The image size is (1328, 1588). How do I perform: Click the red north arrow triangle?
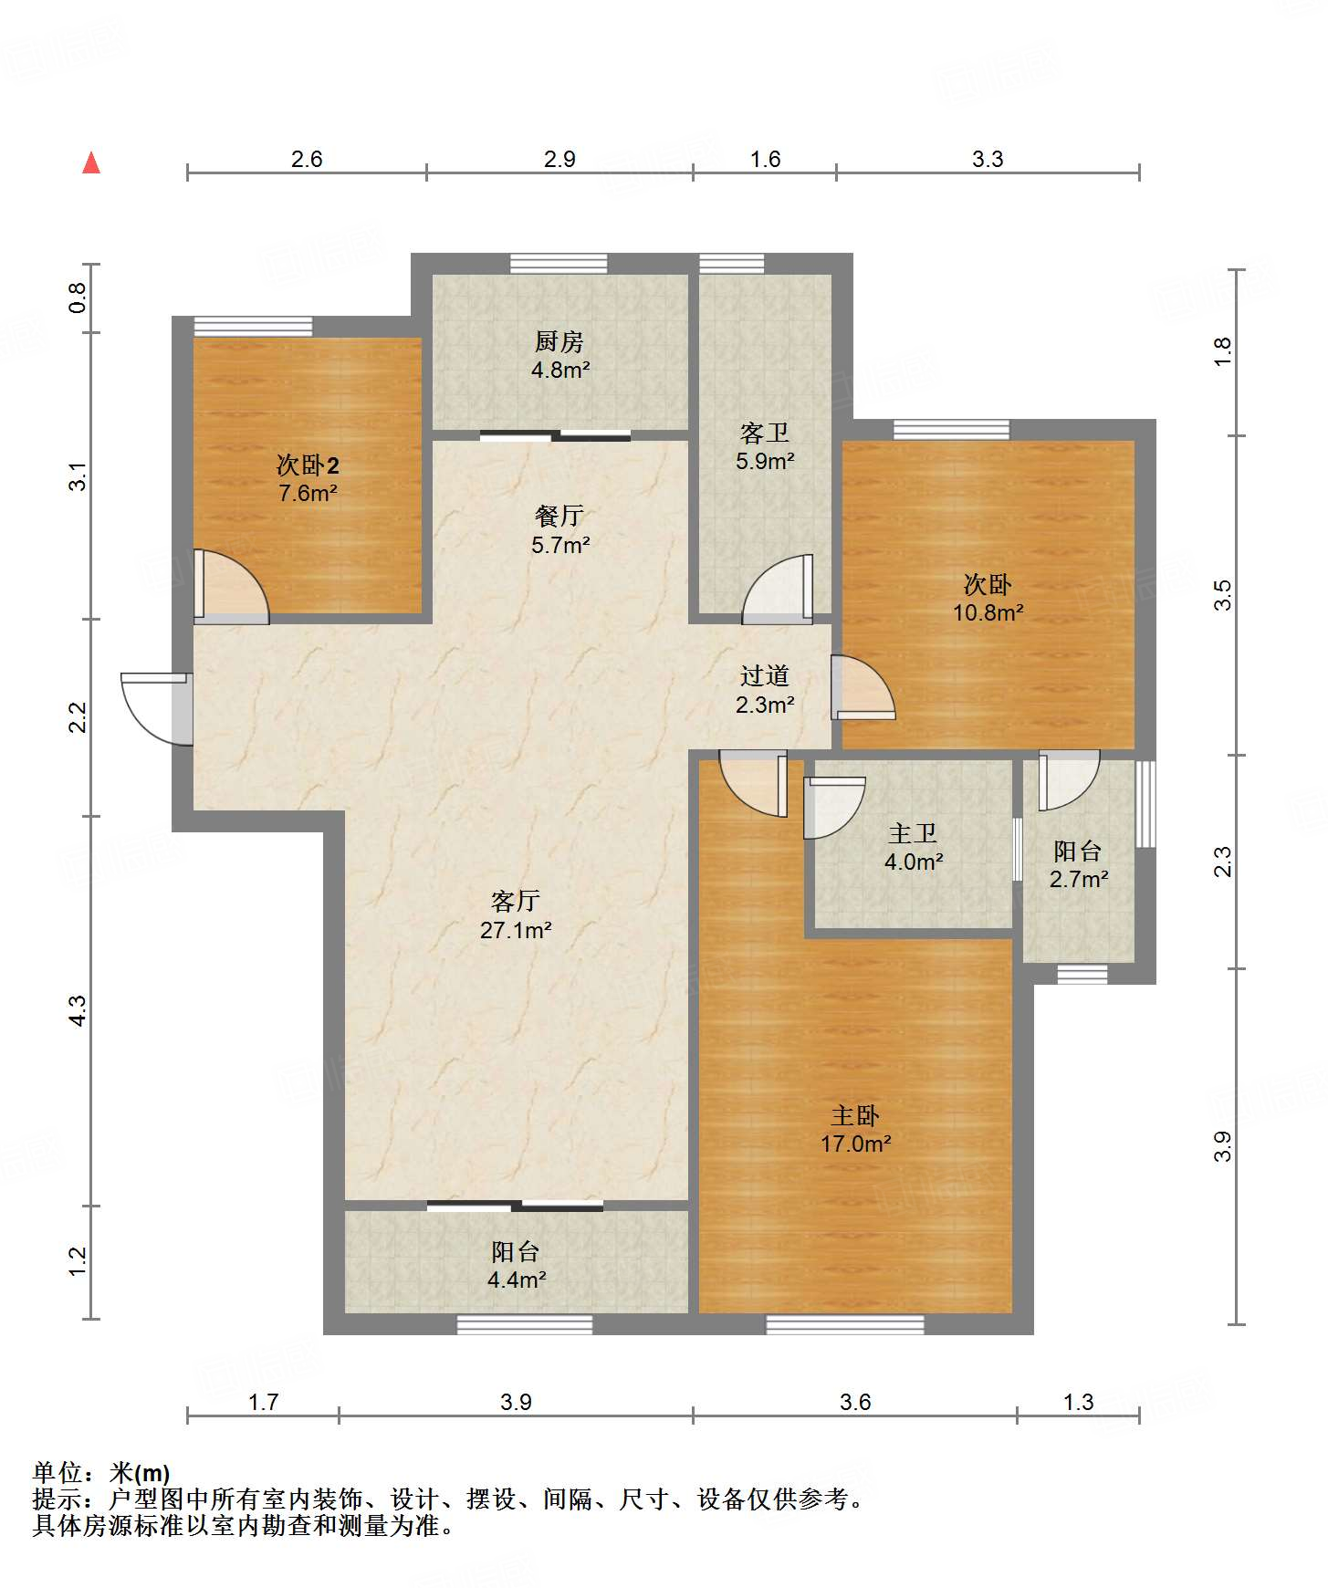91,162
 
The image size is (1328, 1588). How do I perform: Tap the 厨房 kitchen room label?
559,341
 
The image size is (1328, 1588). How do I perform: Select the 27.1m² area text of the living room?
516,930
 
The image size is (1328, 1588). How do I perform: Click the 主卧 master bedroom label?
855,1115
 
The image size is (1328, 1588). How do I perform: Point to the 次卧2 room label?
308,465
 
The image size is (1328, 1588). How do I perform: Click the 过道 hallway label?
765,675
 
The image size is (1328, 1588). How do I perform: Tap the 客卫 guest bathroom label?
765,433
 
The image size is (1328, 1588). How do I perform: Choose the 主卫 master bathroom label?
913,833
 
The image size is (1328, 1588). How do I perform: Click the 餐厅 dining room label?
559,516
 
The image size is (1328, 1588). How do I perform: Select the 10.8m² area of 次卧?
988,612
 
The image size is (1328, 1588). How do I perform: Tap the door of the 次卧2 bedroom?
231,587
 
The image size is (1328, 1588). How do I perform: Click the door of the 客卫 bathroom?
778,590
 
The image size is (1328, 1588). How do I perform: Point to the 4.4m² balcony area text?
517,1280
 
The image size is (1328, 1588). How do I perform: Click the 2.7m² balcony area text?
1079,879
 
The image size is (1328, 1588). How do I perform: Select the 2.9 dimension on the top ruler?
559,159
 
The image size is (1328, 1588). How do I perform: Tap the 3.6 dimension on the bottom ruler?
855,1402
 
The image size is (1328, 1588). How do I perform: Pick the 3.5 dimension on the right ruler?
1223,595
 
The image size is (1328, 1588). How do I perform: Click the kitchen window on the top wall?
559,264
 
